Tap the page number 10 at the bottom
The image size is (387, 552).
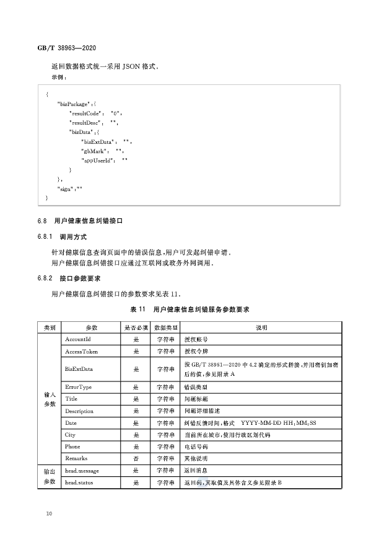click(x=49, y=514)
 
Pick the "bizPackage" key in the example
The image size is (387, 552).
click(x=75, y=104)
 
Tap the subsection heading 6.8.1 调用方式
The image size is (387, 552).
click(x=62, y=237)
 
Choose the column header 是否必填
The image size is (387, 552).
click(x=136, y=327)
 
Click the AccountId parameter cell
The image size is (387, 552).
click(x=78, y=339)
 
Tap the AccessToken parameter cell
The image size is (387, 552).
click(x=81, y=351)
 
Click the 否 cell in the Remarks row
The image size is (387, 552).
click(x=136, y=458)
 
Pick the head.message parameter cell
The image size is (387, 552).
click(x=82, y=471)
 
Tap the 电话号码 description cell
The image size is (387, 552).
click(x=197, y=447)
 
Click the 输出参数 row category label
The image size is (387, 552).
click(x=50, y=476)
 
